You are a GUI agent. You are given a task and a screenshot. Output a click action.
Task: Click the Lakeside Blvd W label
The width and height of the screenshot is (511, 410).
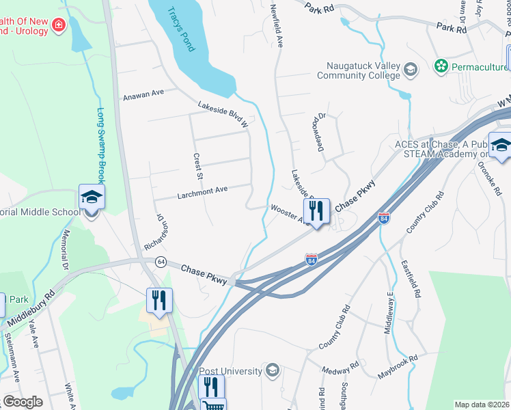pos(223,113)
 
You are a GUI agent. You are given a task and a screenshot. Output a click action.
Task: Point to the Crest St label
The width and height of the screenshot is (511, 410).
pos(199,166)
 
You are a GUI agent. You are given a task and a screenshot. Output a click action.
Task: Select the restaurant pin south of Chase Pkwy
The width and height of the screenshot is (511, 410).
pos(159,301)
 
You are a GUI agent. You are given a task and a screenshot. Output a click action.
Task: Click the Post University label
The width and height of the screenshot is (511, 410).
pos(231,371)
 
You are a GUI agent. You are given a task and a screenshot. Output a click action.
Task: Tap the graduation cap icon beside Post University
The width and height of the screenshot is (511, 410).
pos(273,371)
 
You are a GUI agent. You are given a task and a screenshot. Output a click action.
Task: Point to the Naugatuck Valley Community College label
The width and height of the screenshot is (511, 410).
pos(358,69)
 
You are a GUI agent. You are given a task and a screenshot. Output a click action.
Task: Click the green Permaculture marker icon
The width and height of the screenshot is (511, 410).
pos(441,66)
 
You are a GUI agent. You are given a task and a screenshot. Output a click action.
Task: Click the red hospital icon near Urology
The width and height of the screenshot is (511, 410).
pos(59,26)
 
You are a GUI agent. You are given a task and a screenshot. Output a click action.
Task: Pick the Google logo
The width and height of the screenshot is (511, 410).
pos(23,402)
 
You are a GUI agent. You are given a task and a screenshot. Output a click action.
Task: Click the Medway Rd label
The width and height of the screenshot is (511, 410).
pos(342,368)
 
